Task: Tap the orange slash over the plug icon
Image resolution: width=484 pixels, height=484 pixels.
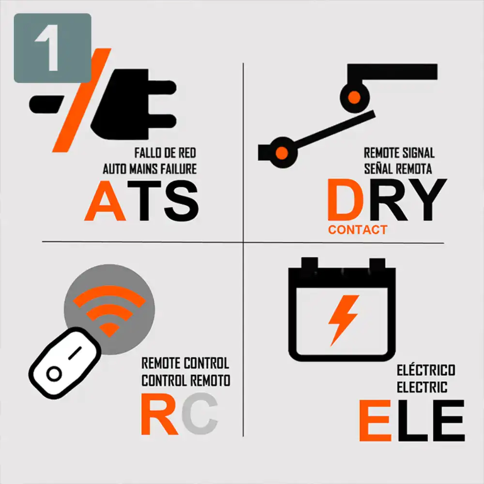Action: point(82,100)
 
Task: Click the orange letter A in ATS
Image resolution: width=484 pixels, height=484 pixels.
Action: point(105,201)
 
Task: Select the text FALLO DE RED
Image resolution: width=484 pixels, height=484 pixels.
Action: point(165,153)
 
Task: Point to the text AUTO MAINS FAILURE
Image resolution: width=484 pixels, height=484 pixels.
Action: point(150,169)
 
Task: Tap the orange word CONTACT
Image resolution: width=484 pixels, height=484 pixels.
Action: point(358,229)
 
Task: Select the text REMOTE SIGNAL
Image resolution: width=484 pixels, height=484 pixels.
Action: point(399,153)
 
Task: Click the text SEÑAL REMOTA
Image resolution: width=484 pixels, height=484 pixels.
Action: point(398,168)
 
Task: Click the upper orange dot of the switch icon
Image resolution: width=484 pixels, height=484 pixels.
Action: point(354,98)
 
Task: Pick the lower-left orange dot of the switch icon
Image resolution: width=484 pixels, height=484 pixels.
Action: point(282,153)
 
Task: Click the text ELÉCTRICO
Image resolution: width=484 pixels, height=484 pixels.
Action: point(425,370)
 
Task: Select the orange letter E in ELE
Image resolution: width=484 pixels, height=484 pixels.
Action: point(376,421)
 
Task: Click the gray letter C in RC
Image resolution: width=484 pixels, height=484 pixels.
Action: point(200,414)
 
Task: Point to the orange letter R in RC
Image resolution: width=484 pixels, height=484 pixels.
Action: point(159,414)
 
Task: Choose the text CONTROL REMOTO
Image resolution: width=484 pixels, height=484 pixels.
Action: point(186,380)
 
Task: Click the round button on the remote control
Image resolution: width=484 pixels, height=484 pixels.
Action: point(54,374)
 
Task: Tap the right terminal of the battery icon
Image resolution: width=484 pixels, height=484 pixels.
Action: point(377,263)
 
